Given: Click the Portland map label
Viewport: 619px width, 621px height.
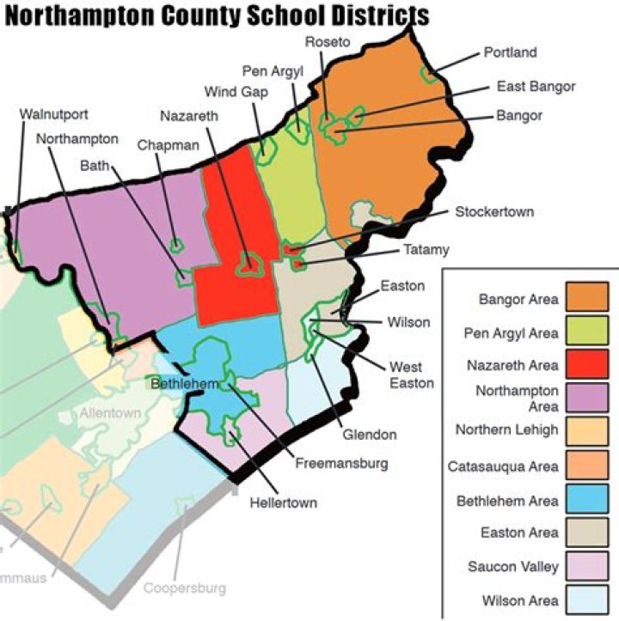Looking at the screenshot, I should (x=509, y=52).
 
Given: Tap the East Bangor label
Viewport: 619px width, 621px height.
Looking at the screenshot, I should (x=536, y=86).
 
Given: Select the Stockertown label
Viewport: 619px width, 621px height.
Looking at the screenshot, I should (x=494, y=211).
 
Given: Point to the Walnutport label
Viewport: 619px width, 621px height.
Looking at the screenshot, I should (x=53, y=114).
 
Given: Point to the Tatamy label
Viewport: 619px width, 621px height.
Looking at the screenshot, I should (x=426, y=250).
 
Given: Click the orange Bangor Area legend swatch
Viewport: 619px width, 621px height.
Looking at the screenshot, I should (x=587, y=298).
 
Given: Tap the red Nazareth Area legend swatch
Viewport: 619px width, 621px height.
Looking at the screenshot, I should (x=587, y=365).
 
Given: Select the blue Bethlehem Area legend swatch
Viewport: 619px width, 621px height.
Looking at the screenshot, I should (x=587, y=499).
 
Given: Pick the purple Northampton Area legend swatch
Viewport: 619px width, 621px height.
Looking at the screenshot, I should (x=587, y=399).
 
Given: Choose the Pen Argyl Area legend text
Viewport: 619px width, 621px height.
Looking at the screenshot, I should (x=511, y=332).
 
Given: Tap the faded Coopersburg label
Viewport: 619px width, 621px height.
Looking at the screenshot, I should (x=184, y=588).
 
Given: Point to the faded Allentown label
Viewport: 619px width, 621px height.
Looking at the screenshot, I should (x=110, y=413).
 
